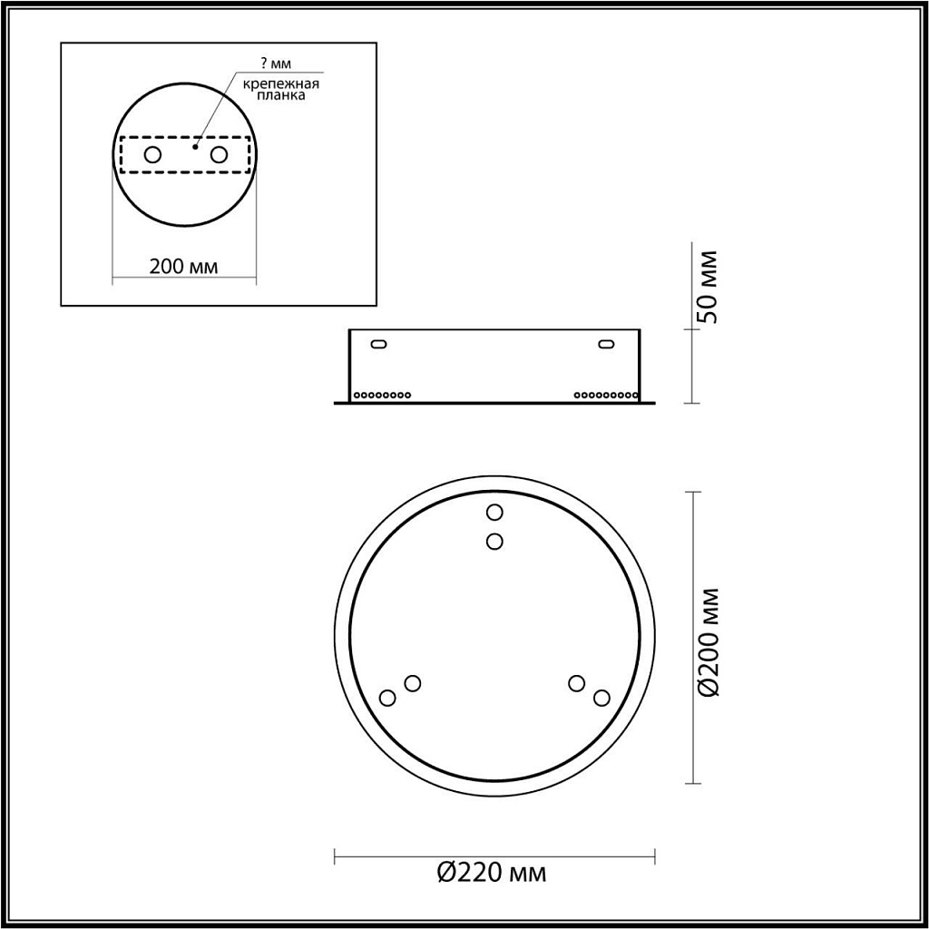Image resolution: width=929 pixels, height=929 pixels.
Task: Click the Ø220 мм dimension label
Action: [492, 874]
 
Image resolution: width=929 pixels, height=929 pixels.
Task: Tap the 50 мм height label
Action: [708, 286]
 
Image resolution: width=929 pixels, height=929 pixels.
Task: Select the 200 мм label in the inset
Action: [184, 266]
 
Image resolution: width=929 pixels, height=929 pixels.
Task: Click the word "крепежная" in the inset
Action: [279, 83]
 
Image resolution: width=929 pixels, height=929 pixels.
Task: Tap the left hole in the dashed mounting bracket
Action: [152, 155]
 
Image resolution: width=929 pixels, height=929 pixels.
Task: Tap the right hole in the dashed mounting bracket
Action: [218, 155]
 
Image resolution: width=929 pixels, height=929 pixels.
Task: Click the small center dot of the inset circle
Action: [194, 143]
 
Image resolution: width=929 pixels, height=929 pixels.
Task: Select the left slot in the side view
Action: [378, 344]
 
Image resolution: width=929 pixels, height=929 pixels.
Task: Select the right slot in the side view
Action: [605, 344]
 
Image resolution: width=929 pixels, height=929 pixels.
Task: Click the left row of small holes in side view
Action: [382, 396]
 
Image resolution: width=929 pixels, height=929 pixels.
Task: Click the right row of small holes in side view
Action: [605, 396]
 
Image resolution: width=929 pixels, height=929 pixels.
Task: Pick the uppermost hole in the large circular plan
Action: [494, 513]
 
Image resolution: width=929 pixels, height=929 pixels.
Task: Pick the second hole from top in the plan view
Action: [494, 541]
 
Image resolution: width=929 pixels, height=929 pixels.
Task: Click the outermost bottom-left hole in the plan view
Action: [387, 698]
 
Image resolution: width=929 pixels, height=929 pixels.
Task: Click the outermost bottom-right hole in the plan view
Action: [601, 698]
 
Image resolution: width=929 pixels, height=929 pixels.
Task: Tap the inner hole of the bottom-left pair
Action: [413, 682]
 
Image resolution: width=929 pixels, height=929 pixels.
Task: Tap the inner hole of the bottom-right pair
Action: [575, 682]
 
